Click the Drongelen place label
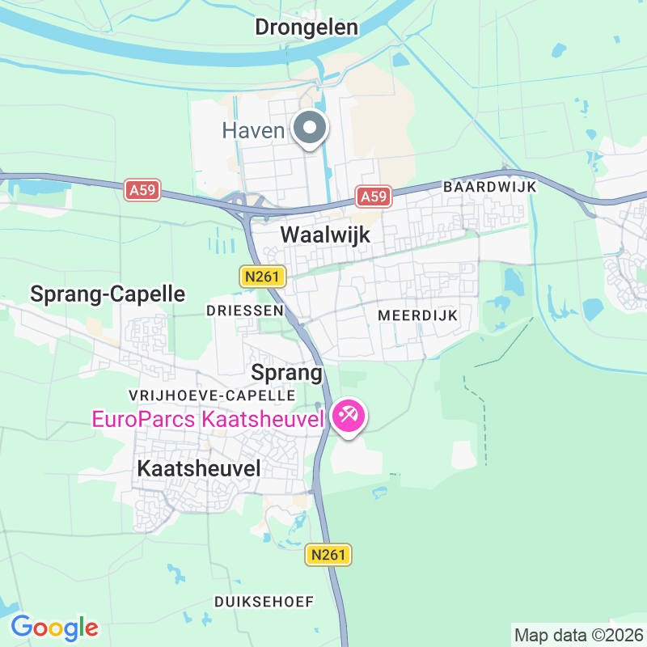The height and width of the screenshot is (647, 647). [307, 27]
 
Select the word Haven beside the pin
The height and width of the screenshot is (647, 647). [253, 129]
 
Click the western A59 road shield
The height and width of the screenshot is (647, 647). [142, 191]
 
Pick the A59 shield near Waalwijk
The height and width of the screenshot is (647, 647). [374, 197]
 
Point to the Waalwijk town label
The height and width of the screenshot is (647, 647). [324, 235]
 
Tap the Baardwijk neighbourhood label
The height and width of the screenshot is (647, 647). [490, 187]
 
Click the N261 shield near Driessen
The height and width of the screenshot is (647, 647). [262, 277]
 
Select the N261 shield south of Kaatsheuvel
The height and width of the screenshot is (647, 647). [329, 555]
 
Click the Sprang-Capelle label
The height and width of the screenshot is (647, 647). [108, 294]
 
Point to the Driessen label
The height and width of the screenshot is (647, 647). [244, 311]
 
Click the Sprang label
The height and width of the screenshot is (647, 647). [287, 373]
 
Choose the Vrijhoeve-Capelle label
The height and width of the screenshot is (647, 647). [212, 395]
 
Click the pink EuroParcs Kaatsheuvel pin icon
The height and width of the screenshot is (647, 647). [349, 417]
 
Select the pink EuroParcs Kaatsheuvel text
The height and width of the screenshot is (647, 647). [208, 419]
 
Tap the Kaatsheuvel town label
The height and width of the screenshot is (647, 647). [199, 468]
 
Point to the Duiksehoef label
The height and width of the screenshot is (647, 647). [264, 602]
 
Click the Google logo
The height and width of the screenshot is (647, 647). [54, 627]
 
